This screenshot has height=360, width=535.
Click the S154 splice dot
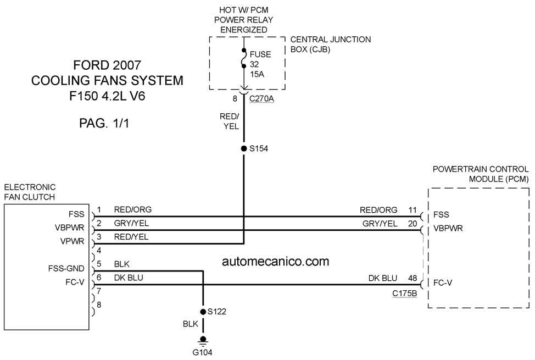(x=244, y=148)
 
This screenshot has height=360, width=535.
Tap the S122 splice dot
(x=203, y=312)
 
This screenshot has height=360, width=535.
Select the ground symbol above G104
(x=203, y=341)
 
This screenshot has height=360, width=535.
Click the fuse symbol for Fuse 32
(x=244, y=58)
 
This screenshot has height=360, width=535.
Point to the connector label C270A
(x=261, y=99)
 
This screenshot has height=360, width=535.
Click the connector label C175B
(x=405, y=293)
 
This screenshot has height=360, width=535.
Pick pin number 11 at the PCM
(x=413, y=210)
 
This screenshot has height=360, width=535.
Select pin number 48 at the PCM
(x=413, y=278)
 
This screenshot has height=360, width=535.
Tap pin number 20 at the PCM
(x=413, y=224)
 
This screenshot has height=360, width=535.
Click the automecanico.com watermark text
(x=275, y=262)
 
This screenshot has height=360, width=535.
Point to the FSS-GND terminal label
(x=66, y=269)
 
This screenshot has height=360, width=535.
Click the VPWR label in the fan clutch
(x=73, y=241)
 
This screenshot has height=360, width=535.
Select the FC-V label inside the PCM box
(x=443, y=283)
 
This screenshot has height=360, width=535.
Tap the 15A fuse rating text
(x=257, y=74)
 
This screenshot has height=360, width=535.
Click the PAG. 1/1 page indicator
(x=104, y=123)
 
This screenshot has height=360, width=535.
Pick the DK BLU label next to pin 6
(x=129, y=278)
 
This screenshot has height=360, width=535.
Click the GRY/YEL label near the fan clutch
(x=131, y=223)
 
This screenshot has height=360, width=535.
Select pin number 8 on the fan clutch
(x=99, y=304)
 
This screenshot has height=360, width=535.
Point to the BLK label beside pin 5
(x=122, y=264)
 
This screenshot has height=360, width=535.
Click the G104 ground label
(x=202, y=352)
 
